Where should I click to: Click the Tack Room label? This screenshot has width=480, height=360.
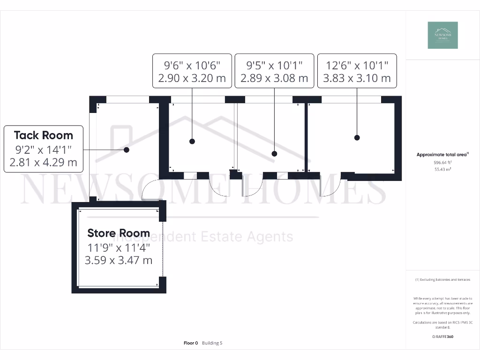click(44, 135)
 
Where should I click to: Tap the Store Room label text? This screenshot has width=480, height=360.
click(119, 233)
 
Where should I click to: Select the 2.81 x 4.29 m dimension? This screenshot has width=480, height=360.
click(43, 163)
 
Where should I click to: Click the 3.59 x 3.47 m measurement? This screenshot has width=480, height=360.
click(119, 260)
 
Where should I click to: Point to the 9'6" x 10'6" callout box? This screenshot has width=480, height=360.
click(192, 70)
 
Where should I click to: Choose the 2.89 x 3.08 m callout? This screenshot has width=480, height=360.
click(274, 78)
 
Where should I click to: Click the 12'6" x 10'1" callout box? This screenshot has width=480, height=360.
click(357, 70)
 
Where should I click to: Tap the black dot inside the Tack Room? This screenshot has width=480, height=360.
click(127, 150)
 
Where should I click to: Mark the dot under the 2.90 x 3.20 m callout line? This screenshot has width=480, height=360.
click(192, 141)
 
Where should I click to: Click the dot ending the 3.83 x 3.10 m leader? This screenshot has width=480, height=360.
click(357, 138)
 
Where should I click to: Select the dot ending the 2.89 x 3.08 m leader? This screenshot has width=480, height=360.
click(275, 153)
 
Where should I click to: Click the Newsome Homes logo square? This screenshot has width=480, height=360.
click(442, 35)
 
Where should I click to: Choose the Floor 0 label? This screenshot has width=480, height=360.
click(191, 343)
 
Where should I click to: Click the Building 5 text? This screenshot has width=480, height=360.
click(212, 343)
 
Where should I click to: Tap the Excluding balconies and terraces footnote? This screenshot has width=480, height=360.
click(442, 280)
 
